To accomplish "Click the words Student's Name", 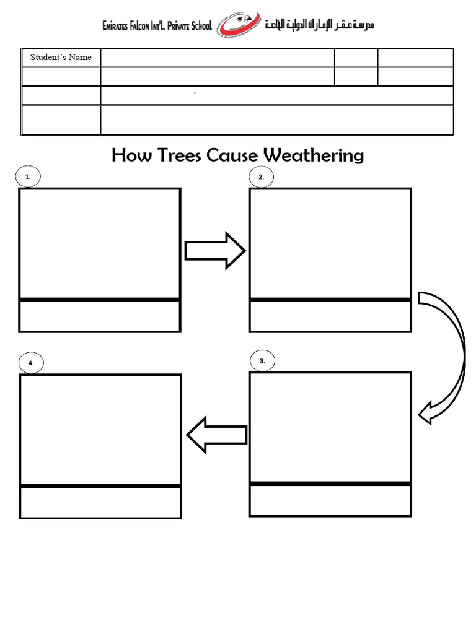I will click(x=61, y=58).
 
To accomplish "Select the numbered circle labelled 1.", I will click(x=28, y=177).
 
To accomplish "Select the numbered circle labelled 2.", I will click(x=262, y=177).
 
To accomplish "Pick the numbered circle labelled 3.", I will click(x=263, y=361).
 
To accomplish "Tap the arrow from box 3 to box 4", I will click(x=216, y=434).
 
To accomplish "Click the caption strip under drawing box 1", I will click(x=100, y=316).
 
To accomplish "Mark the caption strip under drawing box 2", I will click(x=330, y=316).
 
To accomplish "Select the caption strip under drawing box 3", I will click(x=330, y=500).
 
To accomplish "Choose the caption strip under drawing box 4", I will click(x=101, y=502).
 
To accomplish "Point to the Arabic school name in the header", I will click(x=319, y=25).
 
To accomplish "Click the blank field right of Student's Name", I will click(x=217, y=58).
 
